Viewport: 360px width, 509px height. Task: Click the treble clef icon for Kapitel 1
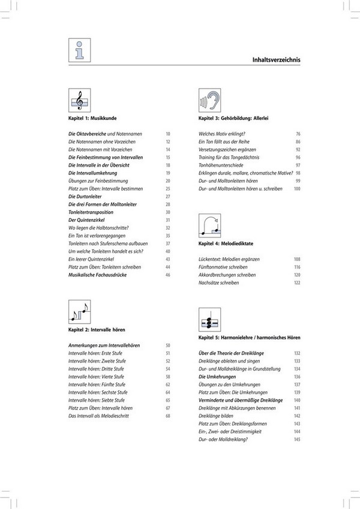pyautogui.click(x=79, y=101)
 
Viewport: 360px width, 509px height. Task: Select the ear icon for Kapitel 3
pyautogui.click(x=208, y=101)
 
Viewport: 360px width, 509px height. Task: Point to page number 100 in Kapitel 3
pyautogui.click(x=296, y=189)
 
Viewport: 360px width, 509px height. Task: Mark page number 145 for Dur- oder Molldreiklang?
pyautogui.click(x=296, y=439)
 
